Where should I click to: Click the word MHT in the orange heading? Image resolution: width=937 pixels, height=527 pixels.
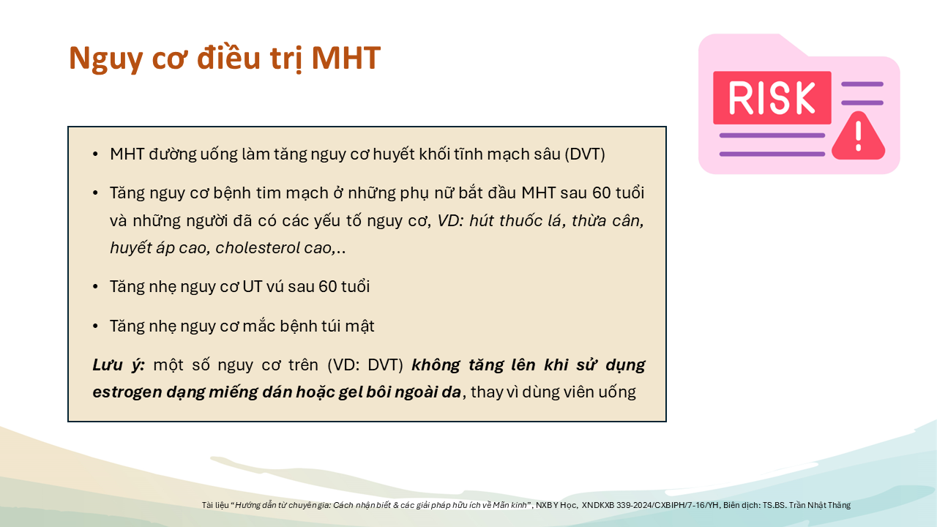tap(346, 57)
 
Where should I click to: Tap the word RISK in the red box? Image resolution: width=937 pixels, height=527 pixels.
tap(772, 98)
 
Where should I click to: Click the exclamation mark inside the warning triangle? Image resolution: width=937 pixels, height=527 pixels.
tap(859, 136)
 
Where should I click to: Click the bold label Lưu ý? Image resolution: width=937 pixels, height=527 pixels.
tap(119, 365)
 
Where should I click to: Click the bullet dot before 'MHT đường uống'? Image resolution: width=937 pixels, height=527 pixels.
tap(95, 154)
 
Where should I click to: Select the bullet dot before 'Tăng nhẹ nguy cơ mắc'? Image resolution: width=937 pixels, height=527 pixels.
tap(95, 326)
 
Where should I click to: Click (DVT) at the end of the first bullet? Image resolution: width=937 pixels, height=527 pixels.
tap(585, 154)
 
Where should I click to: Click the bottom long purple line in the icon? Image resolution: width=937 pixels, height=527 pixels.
tap(772, 154)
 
